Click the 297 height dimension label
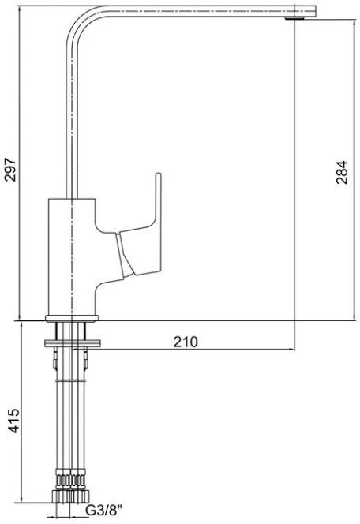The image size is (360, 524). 10,170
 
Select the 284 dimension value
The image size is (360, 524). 342,173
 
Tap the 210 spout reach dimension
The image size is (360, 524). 186,342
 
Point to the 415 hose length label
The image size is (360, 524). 14,420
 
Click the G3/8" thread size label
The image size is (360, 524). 104,510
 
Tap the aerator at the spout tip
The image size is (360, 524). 294,17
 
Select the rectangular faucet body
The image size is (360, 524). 72,256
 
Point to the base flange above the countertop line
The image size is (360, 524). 72,318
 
